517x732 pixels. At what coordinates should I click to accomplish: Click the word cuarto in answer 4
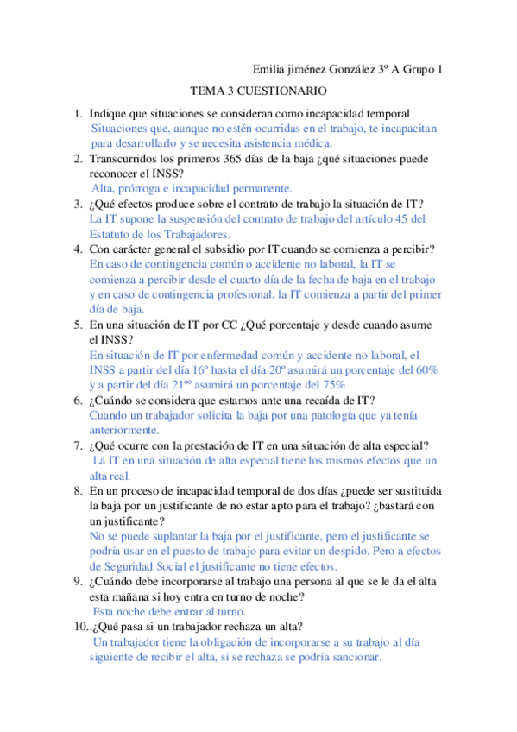(x=249, y=280)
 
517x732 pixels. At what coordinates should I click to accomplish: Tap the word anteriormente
(x=124, y=429)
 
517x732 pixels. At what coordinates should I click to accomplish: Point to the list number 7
(x=77, y=445)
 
